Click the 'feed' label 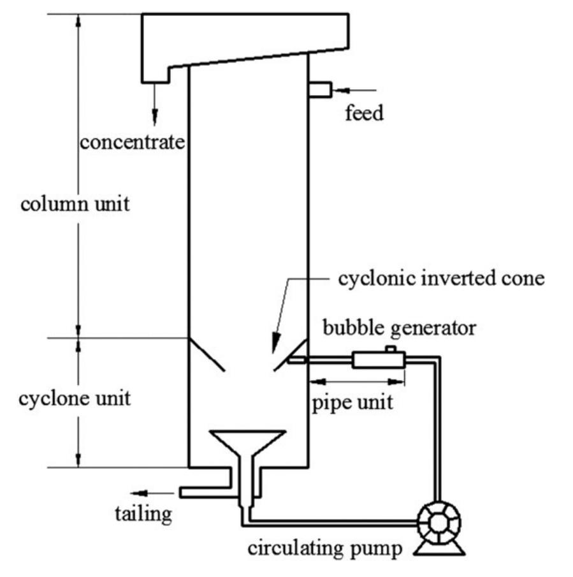coord(364,114)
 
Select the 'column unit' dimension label coord(75,205)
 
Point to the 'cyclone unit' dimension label coord(75,399)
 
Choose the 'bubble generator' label coord(399,328)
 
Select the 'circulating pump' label coord(325,549)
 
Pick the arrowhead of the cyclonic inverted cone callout coord(275,347)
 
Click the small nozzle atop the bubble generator coord(390,349)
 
